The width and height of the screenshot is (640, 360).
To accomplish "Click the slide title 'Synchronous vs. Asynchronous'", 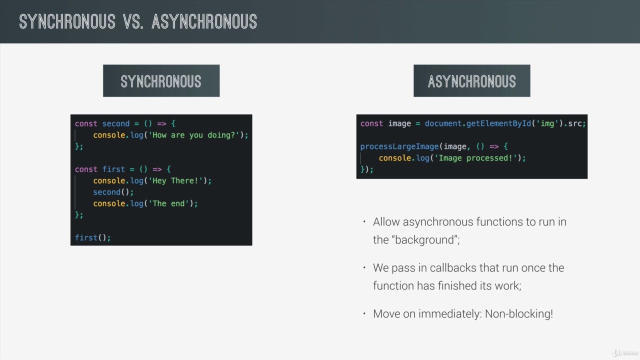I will click(138, 21).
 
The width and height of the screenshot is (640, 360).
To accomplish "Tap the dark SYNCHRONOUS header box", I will click(161, 81).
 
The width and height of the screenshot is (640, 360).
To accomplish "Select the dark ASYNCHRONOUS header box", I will click(471, 81).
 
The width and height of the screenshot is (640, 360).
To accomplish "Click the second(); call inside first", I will click(113, 192).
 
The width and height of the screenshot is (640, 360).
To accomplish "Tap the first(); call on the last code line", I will click(92, 237).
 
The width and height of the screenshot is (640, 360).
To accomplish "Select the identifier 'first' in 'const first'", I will click(113, 169).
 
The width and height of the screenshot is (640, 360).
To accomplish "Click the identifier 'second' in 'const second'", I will click(115, 123).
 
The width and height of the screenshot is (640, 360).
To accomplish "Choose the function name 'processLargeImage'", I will click(399, 146).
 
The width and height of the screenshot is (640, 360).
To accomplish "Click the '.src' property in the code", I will click(573, 123).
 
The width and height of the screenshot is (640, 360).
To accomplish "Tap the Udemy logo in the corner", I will click(625, 352).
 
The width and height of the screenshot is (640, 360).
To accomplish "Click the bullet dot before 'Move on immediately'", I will click(364, 313).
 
